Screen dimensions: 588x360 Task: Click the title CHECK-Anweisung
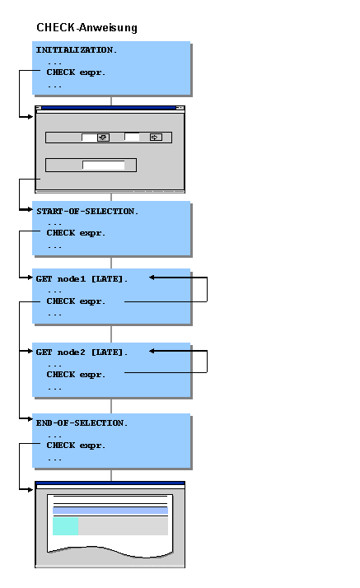(86, 27)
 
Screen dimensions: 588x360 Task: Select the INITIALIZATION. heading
(77, 50)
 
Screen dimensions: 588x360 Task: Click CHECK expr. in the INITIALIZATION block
(76, 72)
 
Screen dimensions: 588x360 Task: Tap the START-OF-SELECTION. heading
(87, 211)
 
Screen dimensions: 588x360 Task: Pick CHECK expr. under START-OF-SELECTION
(76, 232)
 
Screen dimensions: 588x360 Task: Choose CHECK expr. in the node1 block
(76, 301)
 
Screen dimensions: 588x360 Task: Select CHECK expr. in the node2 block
(76, 374)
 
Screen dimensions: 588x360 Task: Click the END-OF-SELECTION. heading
(82, 422)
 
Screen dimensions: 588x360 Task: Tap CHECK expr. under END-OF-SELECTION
(76, 445)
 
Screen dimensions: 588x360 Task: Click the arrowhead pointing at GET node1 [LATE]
(153, 278)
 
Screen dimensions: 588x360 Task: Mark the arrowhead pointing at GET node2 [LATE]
(153, 351)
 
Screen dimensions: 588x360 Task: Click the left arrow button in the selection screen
(103, 138)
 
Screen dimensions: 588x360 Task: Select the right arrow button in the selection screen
(156, 138)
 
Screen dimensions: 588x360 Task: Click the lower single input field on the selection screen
(103, 165)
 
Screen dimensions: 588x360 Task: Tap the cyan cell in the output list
(65, 526)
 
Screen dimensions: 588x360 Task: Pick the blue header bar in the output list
(110, 511)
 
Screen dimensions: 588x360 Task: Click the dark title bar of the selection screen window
(110, 108)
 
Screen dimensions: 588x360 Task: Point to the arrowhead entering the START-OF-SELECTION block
(30, 211)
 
